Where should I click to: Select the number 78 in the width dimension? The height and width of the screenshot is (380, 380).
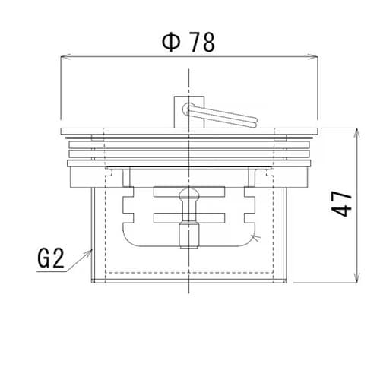click(201, 43)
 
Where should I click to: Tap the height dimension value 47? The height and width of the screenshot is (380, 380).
click(344, 203)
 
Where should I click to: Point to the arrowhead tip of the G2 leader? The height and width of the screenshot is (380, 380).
click(91, 250)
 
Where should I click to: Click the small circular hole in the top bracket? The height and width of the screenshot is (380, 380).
click(188, 108)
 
